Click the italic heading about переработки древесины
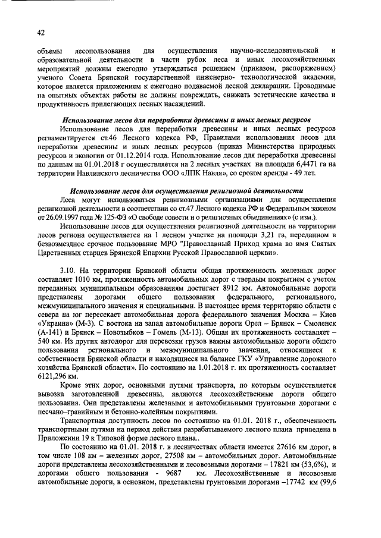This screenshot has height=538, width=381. (190, 119)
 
